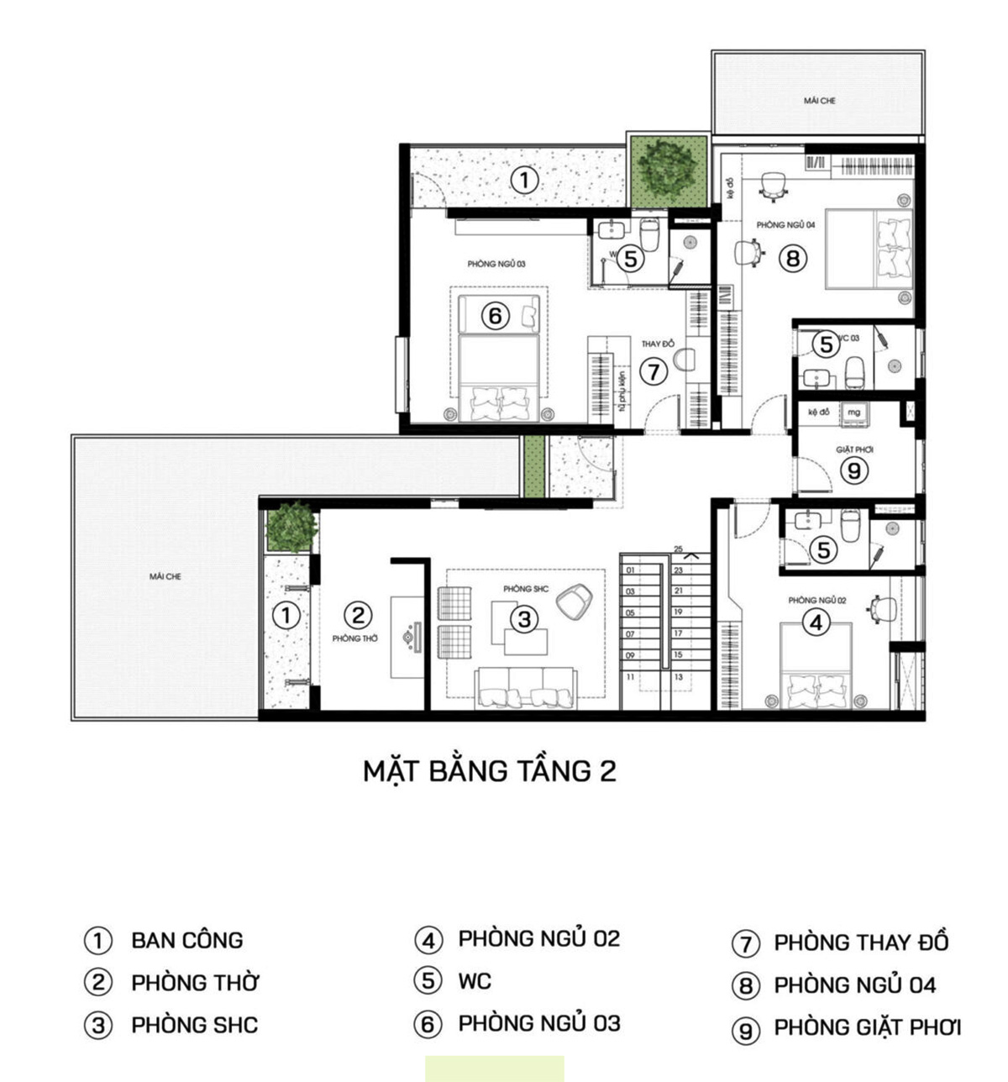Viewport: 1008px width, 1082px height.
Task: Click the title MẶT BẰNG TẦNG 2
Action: [x=490, y=770]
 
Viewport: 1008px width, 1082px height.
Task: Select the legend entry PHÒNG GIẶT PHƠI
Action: [x=867, y=1027]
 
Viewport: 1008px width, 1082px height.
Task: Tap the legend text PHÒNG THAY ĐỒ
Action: [x=861, y=943]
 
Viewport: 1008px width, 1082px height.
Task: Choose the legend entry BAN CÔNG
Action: [x=186, y=940]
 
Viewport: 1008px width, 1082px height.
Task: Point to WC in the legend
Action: [x=475, y=980]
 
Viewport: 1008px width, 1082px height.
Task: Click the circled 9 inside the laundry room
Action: [x=854, y=470]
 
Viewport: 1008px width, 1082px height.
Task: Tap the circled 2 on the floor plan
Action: [x=358, y=616]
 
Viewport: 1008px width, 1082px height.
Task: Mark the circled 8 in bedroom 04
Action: [x=792, y=258]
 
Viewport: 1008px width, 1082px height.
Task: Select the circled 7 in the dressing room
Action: [x=653, y=370]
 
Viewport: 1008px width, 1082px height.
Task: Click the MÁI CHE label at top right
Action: [x=819, y=101]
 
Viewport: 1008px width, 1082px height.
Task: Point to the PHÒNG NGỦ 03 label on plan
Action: [x=496, y=264]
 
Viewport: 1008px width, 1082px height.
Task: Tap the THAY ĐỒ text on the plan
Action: [x=658, y=344]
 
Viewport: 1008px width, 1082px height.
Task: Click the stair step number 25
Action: [x=678, y=549]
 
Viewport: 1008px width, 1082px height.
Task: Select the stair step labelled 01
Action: [x=630, y=570]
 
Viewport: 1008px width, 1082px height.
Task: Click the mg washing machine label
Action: [x=853, y=412]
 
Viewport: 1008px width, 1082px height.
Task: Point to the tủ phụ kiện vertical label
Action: [x=622, y=391]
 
